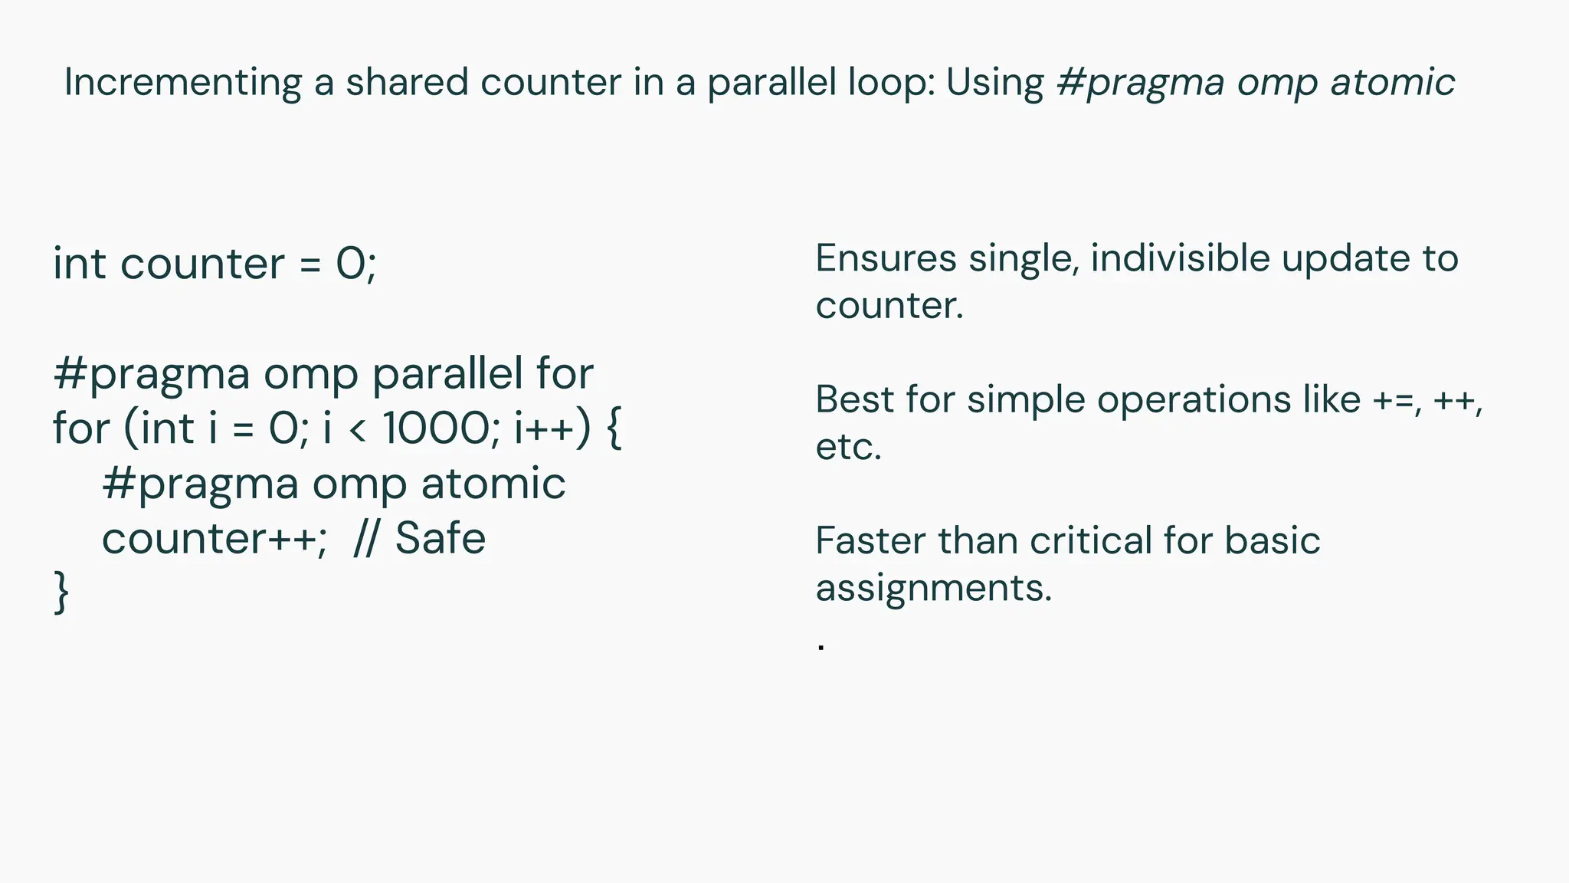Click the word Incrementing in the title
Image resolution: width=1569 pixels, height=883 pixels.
click(182, 83)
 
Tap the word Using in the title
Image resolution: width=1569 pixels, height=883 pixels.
click(994, 83)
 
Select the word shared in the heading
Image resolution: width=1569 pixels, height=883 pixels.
click(406, 82)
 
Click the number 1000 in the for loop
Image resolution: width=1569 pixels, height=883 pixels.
click(435, 428)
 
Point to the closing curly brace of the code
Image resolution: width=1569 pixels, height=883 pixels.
click(61, 592)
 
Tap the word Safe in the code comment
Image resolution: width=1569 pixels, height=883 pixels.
click(441, 538)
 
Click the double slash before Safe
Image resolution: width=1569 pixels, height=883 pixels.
click(365, 538)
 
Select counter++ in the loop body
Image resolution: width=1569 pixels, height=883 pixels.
click(209, 538)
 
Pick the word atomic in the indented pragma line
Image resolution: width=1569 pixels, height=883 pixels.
click(493, 484)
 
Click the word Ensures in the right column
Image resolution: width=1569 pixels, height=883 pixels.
click(886, 258)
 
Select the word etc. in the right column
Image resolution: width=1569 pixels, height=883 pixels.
click(848, 447)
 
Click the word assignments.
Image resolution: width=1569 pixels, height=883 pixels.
click(933, 589)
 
